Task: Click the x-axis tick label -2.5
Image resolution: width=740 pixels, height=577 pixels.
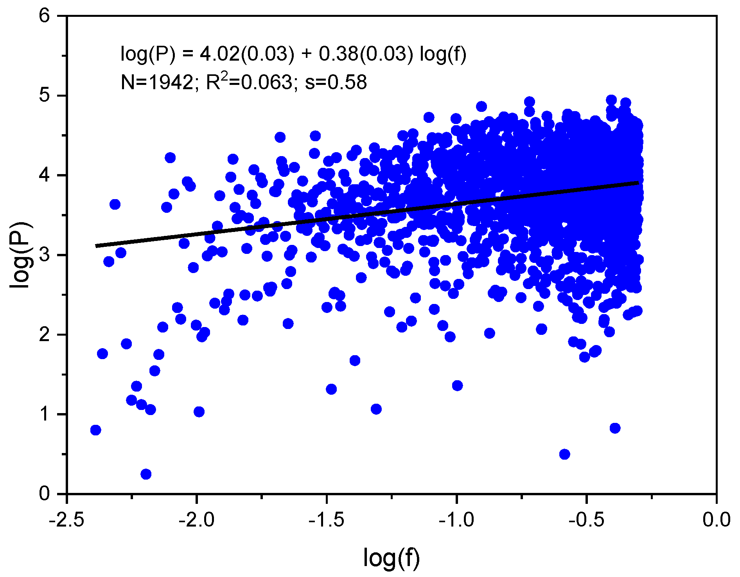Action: pyautogui.click(x=67, y=520)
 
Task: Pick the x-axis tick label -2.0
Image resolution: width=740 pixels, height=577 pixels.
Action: pyautogui.click(x=197, y=520)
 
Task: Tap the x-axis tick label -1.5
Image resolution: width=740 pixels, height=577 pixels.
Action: pyautogui.click(x=327, y=520)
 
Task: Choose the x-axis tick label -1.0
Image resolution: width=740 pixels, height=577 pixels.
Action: pyautogui.click(x=456, y=520)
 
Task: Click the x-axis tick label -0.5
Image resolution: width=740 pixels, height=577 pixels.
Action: pyautogui.click(x=586, y=520)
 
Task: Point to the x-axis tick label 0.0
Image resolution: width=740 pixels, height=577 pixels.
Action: pyautogui.click(x=716, y=520)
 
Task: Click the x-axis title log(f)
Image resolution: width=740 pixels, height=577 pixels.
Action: pyautogui.click(x=392, y=557)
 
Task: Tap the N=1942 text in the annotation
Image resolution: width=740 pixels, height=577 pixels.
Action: pyautogui.click(x=157, y=82)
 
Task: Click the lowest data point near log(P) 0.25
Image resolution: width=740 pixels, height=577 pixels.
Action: pyautogui.click(x=146, y=474)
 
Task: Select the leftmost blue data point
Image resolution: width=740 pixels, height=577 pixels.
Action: pyautogui.click(x=95, y=430)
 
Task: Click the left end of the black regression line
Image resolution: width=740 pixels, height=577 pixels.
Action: pyautogui.click(x=97, y=246)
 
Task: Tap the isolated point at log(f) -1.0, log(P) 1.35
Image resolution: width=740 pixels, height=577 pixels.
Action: pyautogui.click(x=457, y=386)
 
